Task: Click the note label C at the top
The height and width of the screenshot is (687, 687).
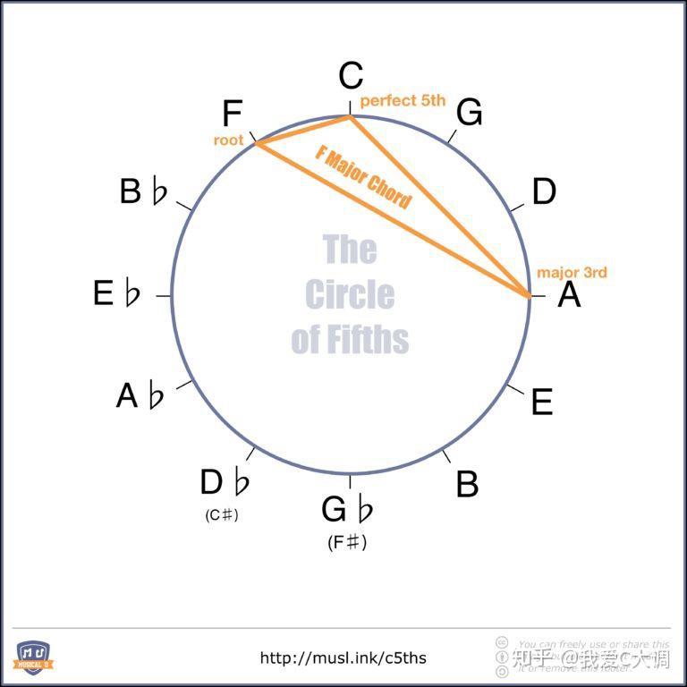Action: tap(351, 77)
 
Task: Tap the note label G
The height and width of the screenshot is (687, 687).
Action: tap(469, 114)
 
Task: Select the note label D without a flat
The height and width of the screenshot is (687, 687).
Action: tap(544, 191)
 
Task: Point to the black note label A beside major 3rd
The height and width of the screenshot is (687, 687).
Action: tap(569, 294)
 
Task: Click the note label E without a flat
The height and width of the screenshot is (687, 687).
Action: tap(542, 403)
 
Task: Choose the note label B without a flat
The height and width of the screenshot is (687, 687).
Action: tap(467, 484)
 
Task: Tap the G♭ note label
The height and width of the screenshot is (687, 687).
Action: tap(347, 511)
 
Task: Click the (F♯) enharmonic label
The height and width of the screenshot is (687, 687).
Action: tap(347, 542)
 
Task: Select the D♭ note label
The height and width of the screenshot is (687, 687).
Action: tap(225, 483)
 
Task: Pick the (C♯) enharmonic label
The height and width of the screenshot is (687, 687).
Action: tap(222, 515)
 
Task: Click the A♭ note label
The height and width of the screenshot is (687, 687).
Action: tap(140, 395)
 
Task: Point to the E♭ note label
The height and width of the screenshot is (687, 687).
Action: tap(117, 293)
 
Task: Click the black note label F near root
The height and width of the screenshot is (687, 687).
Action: tap(232, 114)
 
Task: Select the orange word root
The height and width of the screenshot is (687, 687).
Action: tap(228, 140)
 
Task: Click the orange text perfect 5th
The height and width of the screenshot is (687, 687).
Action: tap(403, 101)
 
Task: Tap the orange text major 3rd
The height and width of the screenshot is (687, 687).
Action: tap(572, 272)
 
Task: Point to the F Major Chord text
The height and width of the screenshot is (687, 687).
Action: tap(363, 176)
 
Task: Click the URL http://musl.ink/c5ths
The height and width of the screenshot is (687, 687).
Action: tap(343, 658)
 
